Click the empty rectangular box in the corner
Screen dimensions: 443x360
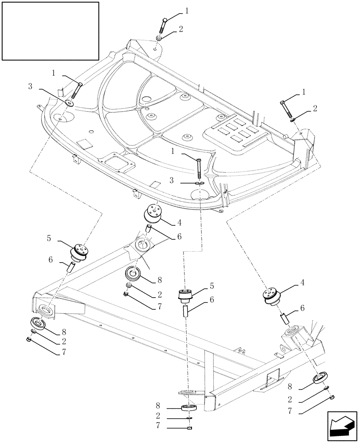point(50,31)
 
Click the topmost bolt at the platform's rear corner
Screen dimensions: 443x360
point(163,26)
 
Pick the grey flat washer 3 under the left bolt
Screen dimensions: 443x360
point(70,104)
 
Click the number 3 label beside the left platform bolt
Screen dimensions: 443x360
point(30,87)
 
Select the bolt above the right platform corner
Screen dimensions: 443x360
point(285,109)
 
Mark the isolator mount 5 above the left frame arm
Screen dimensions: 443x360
point(80,253)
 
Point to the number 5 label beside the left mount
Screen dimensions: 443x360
point(49,238)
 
